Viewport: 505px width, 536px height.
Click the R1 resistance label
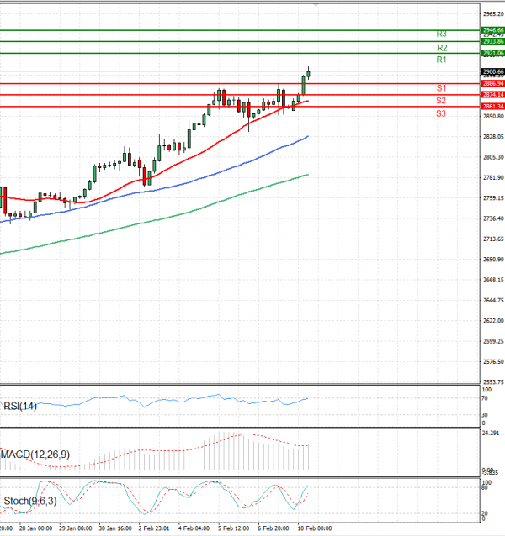pyautogui.click(x=441, y=60)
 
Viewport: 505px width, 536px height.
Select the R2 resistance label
pyautogui.click(x=441, y=48)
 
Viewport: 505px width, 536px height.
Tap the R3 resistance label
pyautogui.click(x=441, y=34)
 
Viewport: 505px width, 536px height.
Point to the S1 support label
pyautogui.click(x=441, y=88)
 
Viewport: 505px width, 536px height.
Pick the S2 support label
pyautogui.click(x=441, y=101)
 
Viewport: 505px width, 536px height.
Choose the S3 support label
pyautogui.click(x=441, y=113)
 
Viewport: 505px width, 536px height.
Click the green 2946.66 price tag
pyautogui.click(x=492, y=30)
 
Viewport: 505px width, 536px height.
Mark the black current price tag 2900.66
pyautogui.click(x=492, y=72)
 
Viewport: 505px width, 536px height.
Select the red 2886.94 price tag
pyautogui.click(x=492, y=84)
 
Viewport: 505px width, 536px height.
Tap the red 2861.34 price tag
pyautogui.click(x=492, y=107)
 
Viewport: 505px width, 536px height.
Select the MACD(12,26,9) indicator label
pyautogui.click(x=35, y=455)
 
